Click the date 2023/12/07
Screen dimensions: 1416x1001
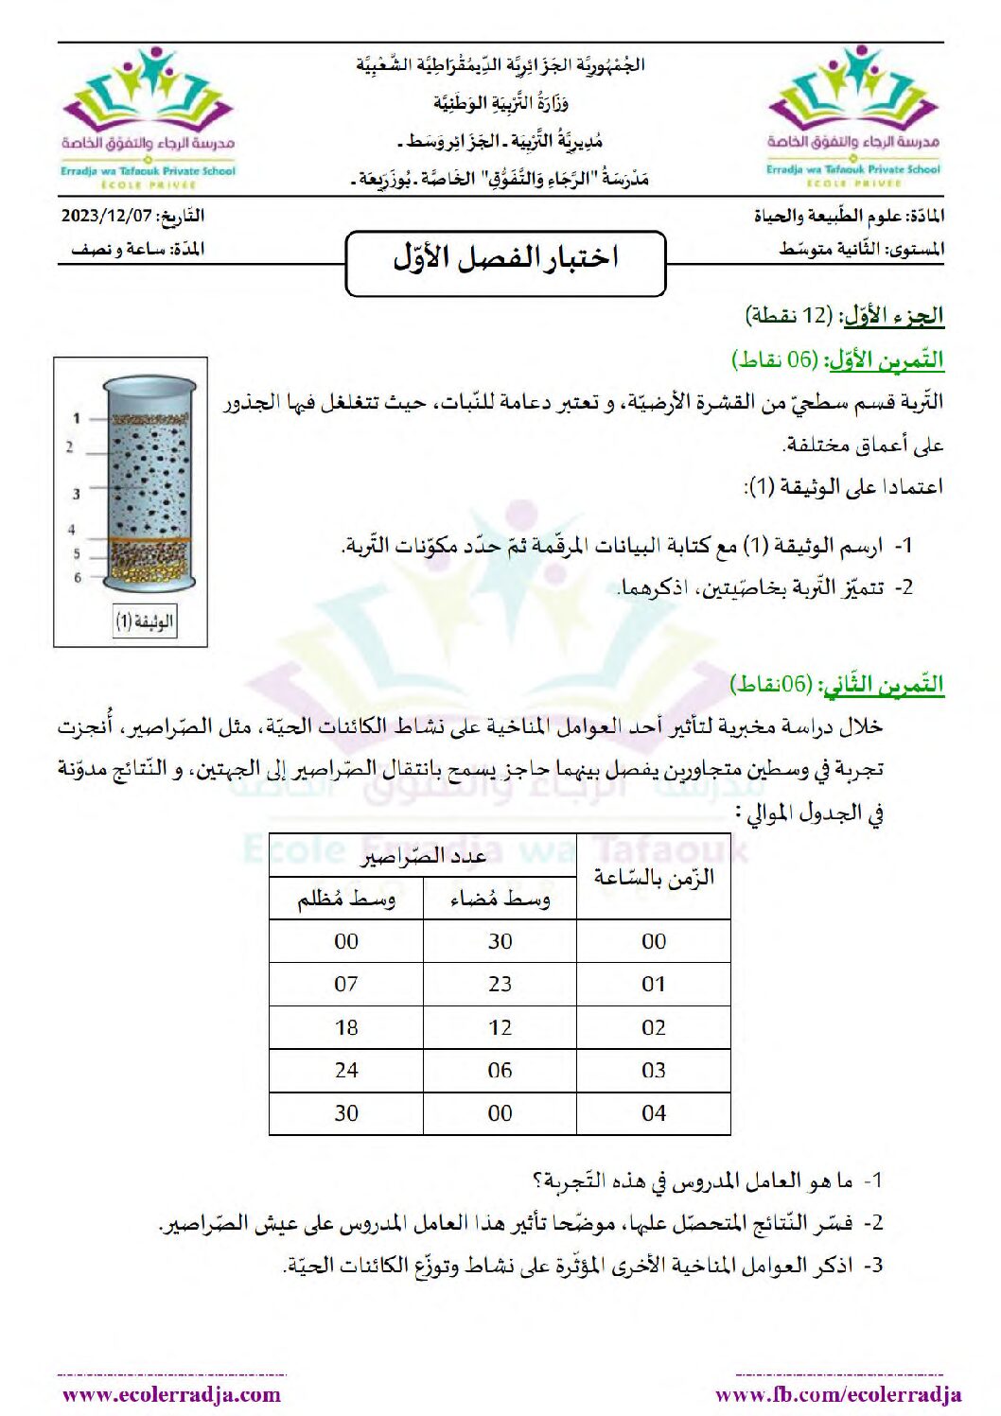tap(107, 215)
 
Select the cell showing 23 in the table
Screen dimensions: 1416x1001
tap(500, 984)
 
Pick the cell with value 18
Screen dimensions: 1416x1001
tap(346, 1027)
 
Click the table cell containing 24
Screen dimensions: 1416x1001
tap(346, 1070)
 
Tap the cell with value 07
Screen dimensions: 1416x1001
tap(346, 984)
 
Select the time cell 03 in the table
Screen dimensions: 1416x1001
tap(654, 1070)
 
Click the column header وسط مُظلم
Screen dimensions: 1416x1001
tap(346, 899)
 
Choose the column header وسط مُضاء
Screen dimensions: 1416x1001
tap(500, 899)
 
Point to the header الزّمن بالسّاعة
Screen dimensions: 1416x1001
tap(654, 877)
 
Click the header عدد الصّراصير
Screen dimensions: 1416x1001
tap(423, 856)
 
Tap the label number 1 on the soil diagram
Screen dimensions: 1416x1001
tap(77, 418)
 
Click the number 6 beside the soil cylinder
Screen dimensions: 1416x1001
tap(78, 577)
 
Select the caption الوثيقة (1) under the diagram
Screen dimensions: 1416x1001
tap(145, 621)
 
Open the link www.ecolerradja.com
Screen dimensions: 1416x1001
tap(171, 1394)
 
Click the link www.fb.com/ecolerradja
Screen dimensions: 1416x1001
tap(838, 1394)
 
